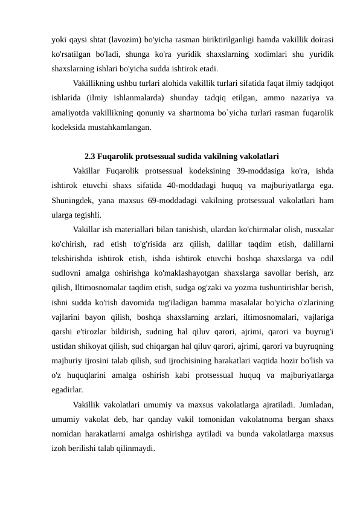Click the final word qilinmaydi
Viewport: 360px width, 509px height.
[x=137, y=449]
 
